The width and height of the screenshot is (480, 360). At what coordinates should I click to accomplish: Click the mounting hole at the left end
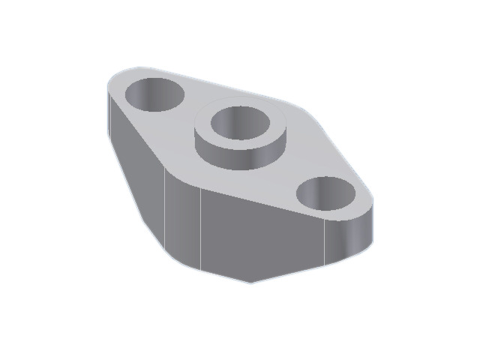point(154,94)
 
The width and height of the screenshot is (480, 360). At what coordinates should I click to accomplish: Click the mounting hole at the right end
point(326,194)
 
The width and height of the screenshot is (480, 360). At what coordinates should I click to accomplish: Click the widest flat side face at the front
point(262,236)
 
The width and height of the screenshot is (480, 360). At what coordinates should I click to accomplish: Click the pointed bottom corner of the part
point(251,283)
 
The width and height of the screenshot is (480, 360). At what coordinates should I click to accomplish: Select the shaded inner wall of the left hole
point(150,89)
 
